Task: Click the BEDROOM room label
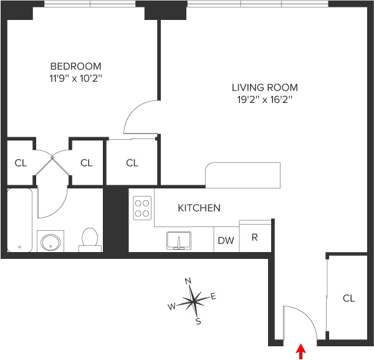75,66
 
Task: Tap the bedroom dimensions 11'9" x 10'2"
75,79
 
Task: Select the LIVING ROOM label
264,87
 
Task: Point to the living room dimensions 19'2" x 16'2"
264,100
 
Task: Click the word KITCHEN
199,208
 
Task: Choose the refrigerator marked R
255,237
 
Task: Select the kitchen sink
179,240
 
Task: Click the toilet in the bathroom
91,239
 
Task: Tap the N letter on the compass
189,281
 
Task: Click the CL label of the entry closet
348,298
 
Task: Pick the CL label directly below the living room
132,163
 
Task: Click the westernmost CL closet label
21,163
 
